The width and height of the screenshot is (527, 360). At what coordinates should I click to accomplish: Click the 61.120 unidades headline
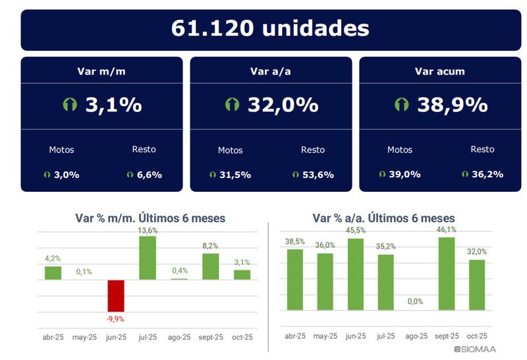(269, 29)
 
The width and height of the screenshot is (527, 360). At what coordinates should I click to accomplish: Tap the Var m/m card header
(101, 71)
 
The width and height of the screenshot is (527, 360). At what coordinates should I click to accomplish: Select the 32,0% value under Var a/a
(283, 105)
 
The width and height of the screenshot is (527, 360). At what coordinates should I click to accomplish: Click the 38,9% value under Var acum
(452, 105)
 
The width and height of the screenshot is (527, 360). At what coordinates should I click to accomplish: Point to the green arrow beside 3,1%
(70, 105)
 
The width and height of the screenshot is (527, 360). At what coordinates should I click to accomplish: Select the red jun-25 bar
(116, 295)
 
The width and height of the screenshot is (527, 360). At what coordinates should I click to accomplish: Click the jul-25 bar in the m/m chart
(148, 258)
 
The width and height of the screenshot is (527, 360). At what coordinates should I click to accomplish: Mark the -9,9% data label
(116, 318)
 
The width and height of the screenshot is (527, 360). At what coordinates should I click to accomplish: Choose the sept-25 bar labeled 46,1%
(446, 273)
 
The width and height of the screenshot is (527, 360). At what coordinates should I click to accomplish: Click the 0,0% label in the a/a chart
(415, 301)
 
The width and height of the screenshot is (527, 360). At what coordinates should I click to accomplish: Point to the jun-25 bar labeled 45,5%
(356, 274)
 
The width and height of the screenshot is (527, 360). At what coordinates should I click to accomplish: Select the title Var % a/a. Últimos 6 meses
(383, 218)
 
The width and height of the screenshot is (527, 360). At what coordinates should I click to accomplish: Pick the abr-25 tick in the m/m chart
(53, 336)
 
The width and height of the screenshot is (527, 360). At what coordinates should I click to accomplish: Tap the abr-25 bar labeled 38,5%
(294, 279)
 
